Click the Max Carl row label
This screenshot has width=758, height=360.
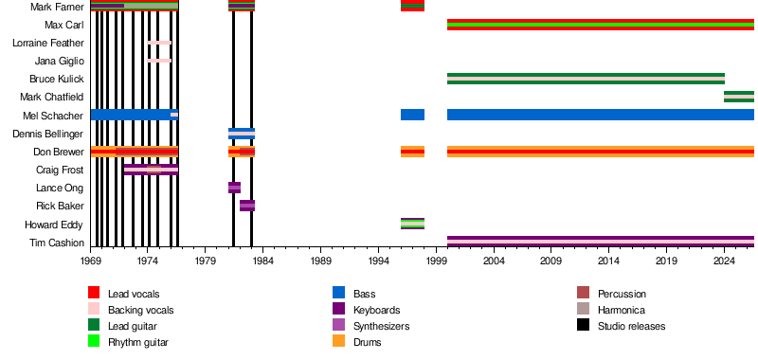coord(63,25)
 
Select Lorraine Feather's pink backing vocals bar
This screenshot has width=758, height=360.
coord(159,43)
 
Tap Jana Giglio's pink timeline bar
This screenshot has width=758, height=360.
coord(159,61)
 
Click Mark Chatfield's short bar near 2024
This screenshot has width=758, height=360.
coord(739,97)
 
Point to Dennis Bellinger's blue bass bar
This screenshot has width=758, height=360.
coord(242,134)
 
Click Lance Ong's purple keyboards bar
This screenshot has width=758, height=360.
coord(234,188)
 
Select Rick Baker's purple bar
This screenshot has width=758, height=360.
coord(247,206)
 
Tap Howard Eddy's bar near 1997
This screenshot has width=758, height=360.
coord(412,224)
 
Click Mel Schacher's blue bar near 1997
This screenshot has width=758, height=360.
coord(412,115)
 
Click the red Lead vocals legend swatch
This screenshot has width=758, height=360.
coord(94,293)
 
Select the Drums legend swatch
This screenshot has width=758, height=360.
coord(339,341)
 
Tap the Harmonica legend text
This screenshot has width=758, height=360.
coord(622,310)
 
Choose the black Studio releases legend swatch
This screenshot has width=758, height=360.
coord(583,325)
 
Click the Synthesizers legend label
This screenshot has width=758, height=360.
coord(382,326)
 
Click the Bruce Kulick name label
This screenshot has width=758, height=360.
coord(57,79)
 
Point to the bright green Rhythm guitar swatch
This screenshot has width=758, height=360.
coord(94,341)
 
